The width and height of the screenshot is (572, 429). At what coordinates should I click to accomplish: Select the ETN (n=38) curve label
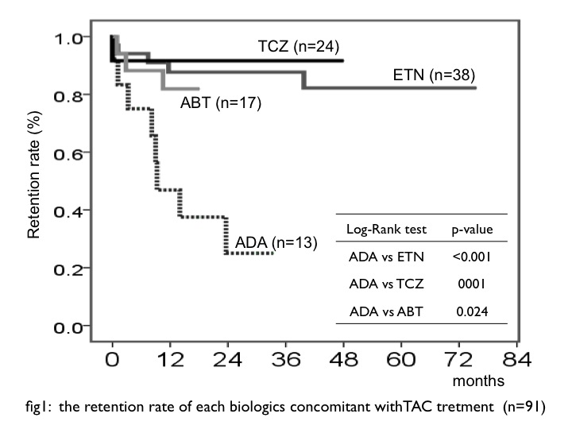coord(434,76)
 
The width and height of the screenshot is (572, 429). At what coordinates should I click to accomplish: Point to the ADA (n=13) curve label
coord(276,242)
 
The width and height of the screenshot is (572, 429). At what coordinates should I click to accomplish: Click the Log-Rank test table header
coord(387,230)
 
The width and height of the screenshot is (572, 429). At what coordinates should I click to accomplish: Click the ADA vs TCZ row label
coord(388,284)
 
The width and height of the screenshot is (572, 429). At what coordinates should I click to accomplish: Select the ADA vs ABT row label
coord(388,311)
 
